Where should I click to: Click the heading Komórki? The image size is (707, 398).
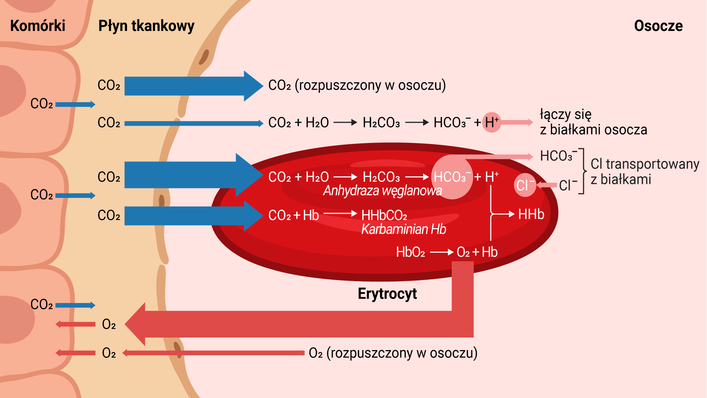[38, 26]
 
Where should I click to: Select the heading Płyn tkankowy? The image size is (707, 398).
[146, 26]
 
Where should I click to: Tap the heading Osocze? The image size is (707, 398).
[658, 26]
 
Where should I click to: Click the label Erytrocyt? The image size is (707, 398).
[387, 294]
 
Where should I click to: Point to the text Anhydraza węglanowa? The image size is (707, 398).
[382, 191]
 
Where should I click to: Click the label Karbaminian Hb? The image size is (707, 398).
[404, 229]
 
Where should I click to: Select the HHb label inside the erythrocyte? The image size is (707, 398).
[531, 214]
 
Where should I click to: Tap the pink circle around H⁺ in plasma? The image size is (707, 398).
[492, 122]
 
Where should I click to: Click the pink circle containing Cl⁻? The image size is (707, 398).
[525, 185]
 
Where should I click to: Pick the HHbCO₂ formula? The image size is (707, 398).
[384, 215]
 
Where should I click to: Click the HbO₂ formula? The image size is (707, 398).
[410, 252]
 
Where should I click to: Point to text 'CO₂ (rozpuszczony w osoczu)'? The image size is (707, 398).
[357, 85]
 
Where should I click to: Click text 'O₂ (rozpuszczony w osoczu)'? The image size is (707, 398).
[393, 353]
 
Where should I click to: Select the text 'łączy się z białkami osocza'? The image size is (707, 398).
[593, 122]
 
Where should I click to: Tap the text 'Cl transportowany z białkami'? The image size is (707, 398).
[644, 172]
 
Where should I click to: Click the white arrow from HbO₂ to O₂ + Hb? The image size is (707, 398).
[441, 252]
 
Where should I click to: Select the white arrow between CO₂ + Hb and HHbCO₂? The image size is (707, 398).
[340, 213]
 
